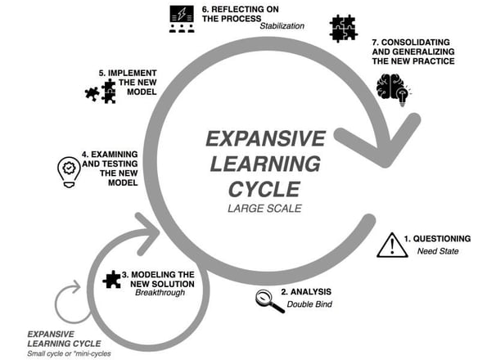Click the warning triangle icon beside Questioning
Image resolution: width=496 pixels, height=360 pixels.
click(x=392, y=244)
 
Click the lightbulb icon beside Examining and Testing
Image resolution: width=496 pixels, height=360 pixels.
click(x=66, y=169)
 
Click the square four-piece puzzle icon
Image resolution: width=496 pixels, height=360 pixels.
click(x=342, y=29)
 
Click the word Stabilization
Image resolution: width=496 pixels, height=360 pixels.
click(x=282, y=25)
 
